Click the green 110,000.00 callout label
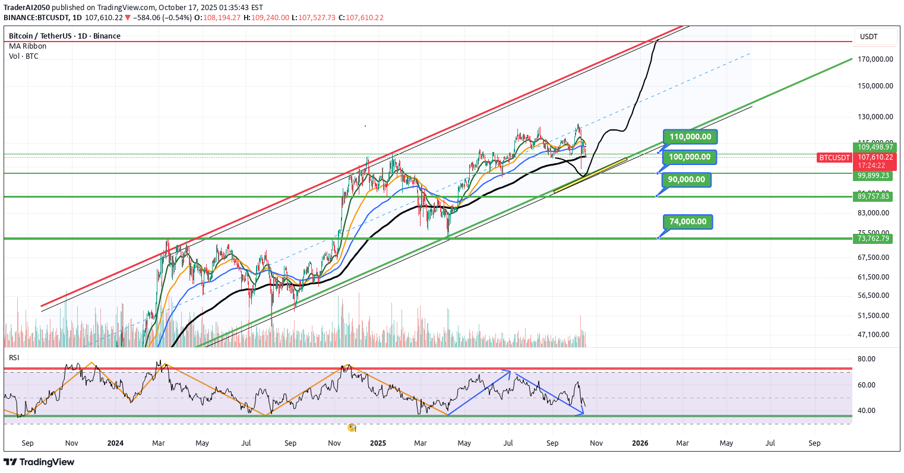[690, 137]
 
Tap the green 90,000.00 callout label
[687, 180]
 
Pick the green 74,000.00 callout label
[688, 222]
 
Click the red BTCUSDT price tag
[835, 158]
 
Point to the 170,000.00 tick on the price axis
[876, 59]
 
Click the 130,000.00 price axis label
[876, 116]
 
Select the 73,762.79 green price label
[873, 239]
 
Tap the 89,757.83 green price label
[873, 196]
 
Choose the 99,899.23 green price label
[873, 176]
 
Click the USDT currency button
[869, 37]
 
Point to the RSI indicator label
[14, 358]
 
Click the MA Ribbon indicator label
[27, 46]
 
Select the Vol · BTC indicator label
[24, 56]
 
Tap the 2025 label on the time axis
[377, 443]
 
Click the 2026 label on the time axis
[640, 443]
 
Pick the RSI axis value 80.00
[868, 359]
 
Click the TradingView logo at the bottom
[39, 462]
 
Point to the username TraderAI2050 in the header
[27, 8]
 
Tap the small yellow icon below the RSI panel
[352, 427]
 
